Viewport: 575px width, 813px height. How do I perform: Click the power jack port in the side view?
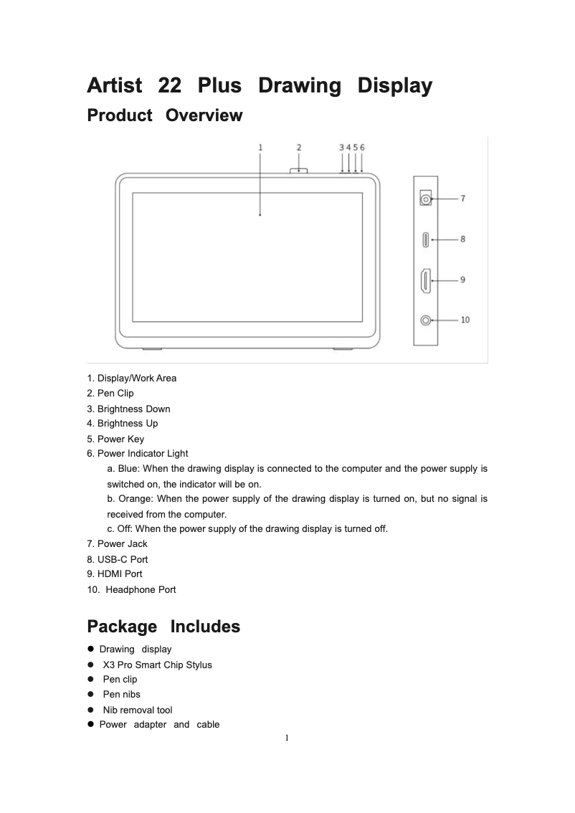pos(426,199)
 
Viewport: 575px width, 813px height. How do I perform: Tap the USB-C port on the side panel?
pos(426,239)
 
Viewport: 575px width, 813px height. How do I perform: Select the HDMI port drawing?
pos(426,280)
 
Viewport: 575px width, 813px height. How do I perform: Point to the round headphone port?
pos(427,320)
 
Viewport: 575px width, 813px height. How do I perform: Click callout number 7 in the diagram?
pos(463,199)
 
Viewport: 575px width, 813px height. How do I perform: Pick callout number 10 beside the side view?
pos(465,320)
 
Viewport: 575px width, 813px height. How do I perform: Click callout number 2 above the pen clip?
pos(299,147)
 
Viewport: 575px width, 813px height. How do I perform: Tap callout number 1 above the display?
pos(260,147)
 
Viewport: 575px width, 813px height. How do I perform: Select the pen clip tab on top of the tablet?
pos(299,171)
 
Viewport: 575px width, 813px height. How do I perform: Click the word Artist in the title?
pos(114,86)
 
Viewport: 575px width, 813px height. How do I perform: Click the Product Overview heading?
pos(164,115)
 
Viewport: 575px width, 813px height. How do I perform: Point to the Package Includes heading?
pos(163,627)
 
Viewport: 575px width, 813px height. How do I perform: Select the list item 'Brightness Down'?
pos(128,409)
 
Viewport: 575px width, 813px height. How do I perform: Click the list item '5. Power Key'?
pos(115,439)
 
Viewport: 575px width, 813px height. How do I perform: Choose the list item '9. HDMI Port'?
pos(115,574)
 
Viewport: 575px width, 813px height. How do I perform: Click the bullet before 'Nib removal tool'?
pos(91,710)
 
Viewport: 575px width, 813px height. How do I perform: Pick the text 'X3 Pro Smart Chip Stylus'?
pos(157,665)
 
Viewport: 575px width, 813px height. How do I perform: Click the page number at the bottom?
pos(286,738)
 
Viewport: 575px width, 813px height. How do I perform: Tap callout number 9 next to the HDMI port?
pos(463,280)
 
